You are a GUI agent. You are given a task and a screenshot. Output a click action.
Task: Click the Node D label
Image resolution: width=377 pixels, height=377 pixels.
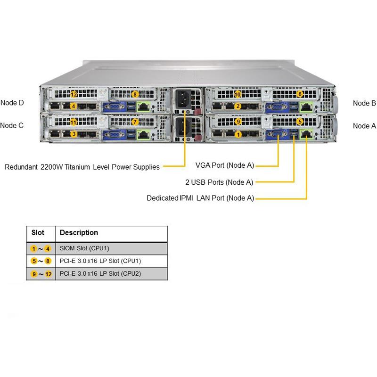point(12,103)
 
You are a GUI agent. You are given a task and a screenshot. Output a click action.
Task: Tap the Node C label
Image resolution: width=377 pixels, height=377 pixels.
point(12,125)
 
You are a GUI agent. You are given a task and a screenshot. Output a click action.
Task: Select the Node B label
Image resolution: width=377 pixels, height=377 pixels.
point(364,103)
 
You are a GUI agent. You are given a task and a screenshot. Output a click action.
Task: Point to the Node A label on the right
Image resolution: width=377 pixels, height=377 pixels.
point(364,126)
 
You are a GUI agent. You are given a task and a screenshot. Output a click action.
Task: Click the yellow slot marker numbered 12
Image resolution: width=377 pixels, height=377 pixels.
point(74,94)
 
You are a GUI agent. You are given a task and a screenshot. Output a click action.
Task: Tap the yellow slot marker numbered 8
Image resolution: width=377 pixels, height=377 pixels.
point(135,94)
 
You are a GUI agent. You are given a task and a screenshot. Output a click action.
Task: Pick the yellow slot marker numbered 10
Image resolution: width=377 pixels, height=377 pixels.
point(238,94)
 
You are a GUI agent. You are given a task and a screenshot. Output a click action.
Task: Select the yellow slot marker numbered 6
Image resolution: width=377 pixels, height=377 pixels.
point(300,94)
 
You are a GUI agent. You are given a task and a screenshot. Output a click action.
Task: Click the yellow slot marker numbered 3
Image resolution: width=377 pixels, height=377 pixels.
point(74,134)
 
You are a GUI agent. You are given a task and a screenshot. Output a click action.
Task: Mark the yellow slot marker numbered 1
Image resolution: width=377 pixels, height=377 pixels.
point(238,134)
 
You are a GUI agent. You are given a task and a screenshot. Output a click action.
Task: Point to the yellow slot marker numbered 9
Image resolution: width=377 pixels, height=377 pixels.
point(238,122)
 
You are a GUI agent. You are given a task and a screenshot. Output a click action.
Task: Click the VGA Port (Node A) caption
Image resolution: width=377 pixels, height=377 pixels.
point(225,165)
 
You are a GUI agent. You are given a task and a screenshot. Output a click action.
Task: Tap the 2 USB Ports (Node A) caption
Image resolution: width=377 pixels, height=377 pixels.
point(219,182)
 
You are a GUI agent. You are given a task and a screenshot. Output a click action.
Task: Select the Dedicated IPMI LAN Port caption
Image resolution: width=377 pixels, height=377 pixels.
point(200,198)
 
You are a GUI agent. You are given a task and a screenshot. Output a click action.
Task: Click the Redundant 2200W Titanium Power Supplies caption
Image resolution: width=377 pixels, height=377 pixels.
point(82,166)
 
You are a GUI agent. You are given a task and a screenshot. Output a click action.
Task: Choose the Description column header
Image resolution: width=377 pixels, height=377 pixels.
point(79,233)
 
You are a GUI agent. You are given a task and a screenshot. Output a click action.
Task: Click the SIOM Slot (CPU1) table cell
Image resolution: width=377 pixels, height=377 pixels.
point(85,248)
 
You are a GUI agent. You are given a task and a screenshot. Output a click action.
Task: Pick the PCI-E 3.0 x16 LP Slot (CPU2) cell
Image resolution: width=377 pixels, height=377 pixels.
point(100,273)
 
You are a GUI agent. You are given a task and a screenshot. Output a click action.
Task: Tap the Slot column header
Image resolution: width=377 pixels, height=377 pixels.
point(38,233)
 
